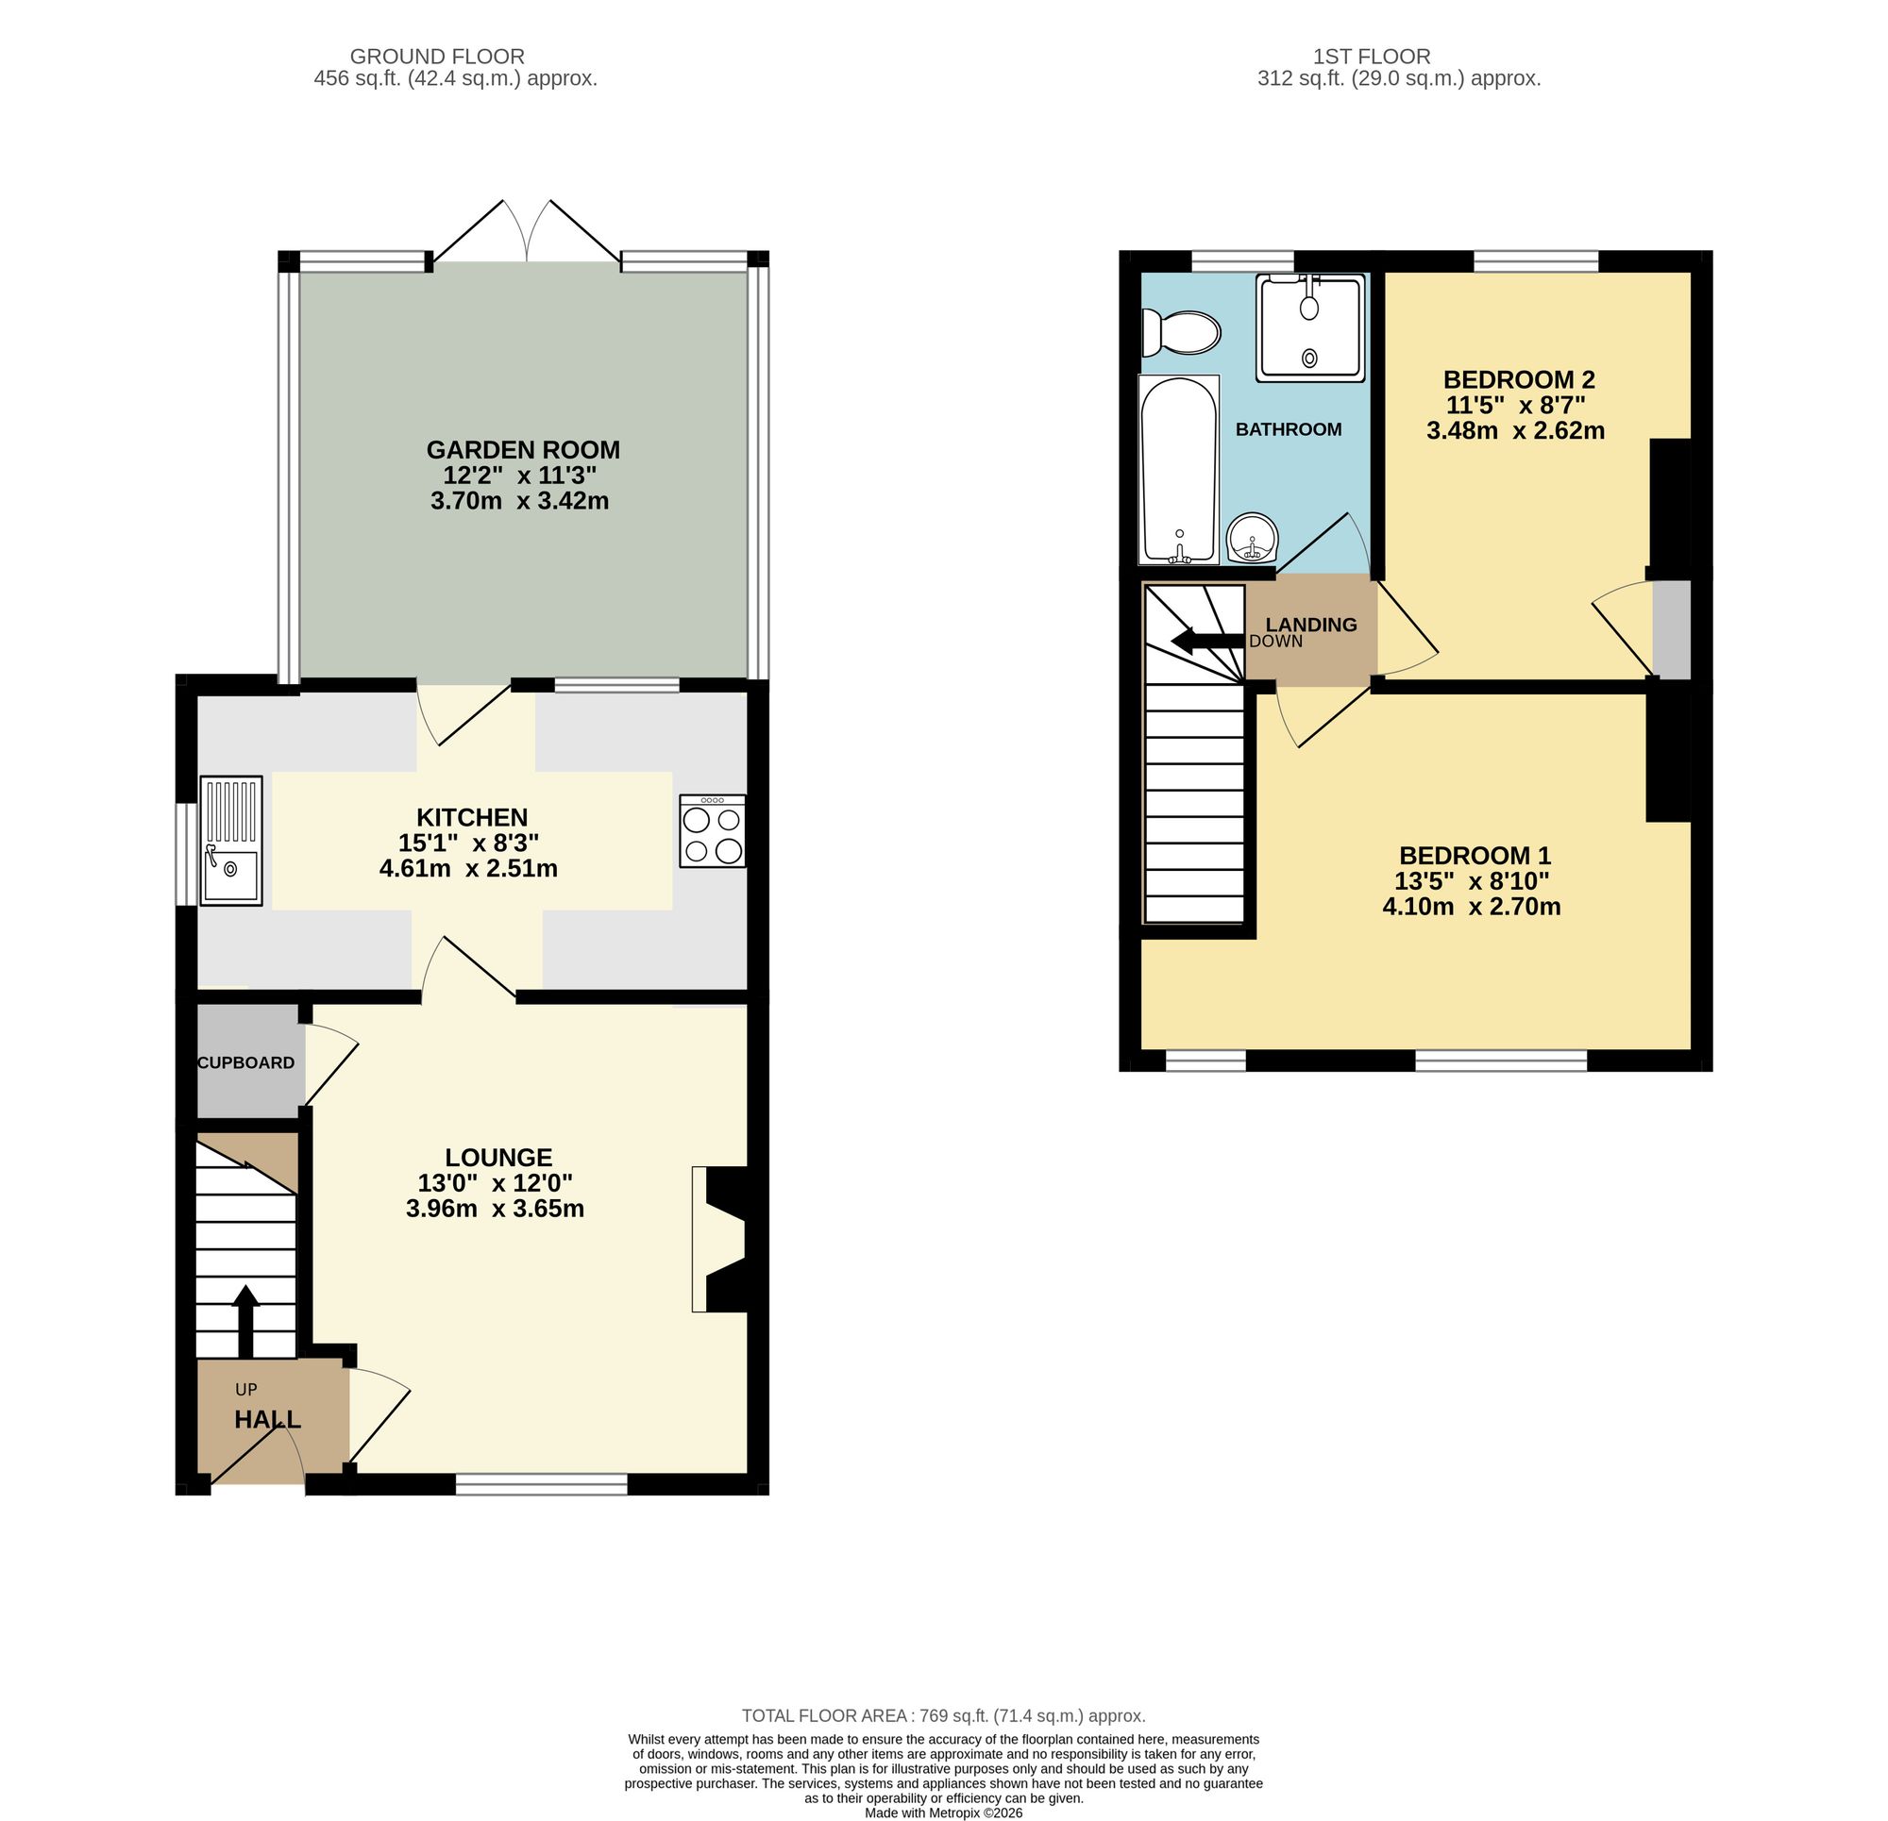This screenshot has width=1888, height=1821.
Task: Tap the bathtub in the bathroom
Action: tap(1179, 469)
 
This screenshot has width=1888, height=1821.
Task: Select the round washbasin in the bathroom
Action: tap(1253, 536)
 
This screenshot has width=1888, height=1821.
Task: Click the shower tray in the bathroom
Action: tap(1310, 326)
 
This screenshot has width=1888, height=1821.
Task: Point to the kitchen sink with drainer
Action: tap(231, 840)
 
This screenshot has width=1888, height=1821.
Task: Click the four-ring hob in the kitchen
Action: tap(712, 830)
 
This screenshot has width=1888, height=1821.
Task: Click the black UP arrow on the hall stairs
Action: tap(246, 1320)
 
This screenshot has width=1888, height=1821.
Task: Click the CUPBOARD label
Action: tap(245, 1062)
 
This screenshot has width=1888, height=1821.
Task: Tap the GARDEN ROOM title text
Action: tap(523, 450)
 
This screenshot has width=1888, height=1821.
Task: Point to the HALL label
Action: tap(268, 1419)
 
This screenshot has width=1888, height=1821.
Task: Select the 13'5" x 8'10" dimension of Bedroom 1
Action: tap(1471, 880)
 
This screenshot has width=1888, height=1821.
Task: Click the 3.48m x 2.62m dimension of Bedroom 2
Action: tap(1515, 430)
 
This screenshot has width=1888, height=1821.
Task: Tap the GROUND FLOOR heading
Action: tap(436, 57)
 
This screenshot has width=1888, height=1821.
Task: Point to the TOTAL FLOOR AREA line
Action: tap(943, 1715)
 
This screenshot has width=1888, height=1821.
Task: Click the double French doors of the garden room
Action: tap(527, 233)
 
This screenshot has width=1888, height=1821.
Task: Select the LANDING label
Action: tap(1310, 624)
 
